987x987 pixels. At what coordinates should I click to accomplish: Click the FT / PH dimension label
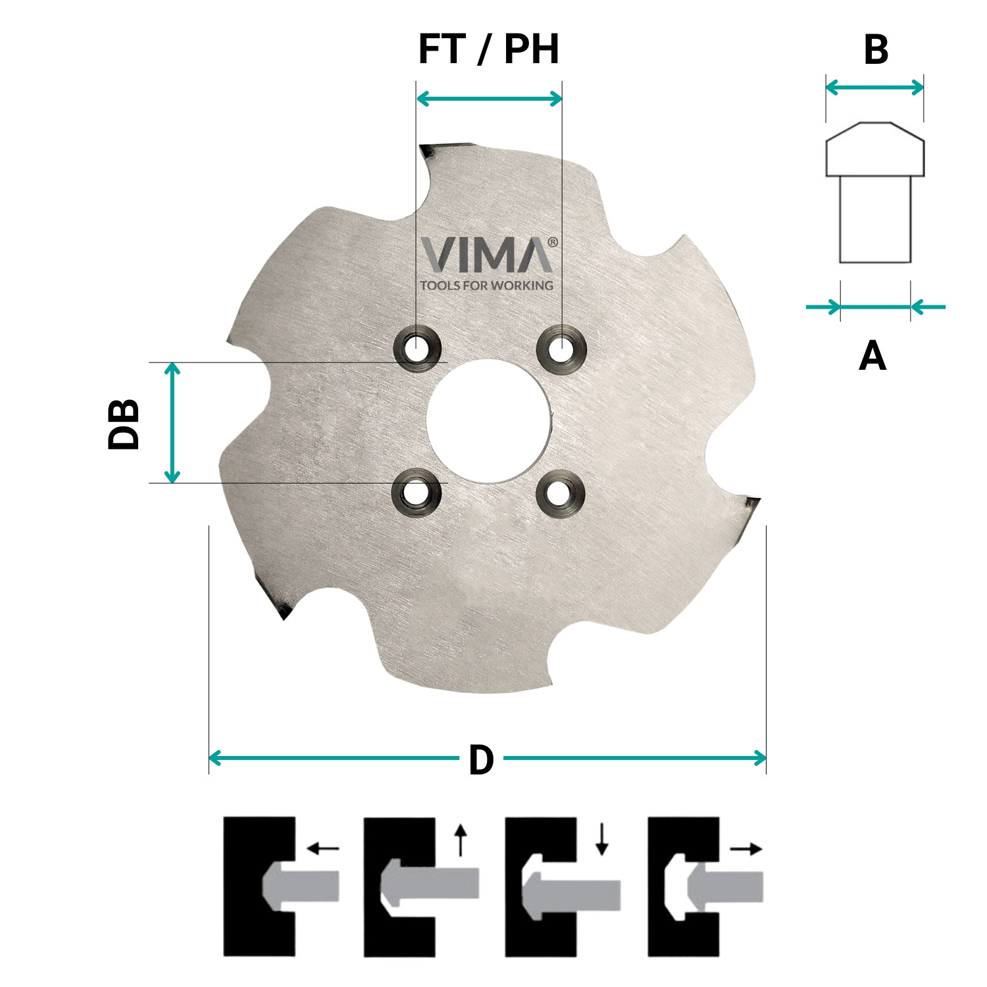[x=488, y=49]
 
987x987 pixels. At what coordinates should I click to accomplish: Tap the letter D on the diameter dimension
[x=481, y=761]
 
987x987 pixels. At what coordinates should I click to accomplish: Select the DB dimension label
[x=124, y=424]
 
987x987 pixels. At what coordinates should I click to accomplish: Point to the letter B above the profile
[x=876, y=49]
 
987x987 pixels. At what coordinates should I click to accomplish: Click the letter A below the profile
[x=873, y=356]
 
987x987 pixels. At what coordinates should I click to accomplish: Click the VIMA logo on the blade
[x=488, y=255]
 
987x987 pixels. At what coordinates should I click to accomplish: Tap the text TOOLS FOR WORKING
[x=487, y=286]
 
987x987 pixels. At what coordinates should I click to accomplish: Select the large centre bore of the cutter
[x=488, y=420]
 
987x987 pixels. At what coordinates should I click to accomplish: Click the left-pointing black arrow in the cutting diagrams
[x=323, y=849]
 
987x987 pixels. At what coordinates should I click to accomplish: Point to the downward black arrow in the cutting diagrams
[x=601, y=840]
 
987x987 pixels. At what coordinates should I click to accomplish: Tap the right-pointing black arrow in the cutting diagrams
[x=746, y=849]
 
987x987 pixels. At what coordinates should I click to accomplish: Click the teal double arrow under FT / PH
[x=490, y=99]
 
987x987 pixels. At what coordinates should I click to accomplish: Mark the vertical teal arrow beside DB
[x=172, y=422]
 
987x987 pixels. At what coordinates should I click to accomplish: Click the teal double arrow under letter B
[x=874, y=87]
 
